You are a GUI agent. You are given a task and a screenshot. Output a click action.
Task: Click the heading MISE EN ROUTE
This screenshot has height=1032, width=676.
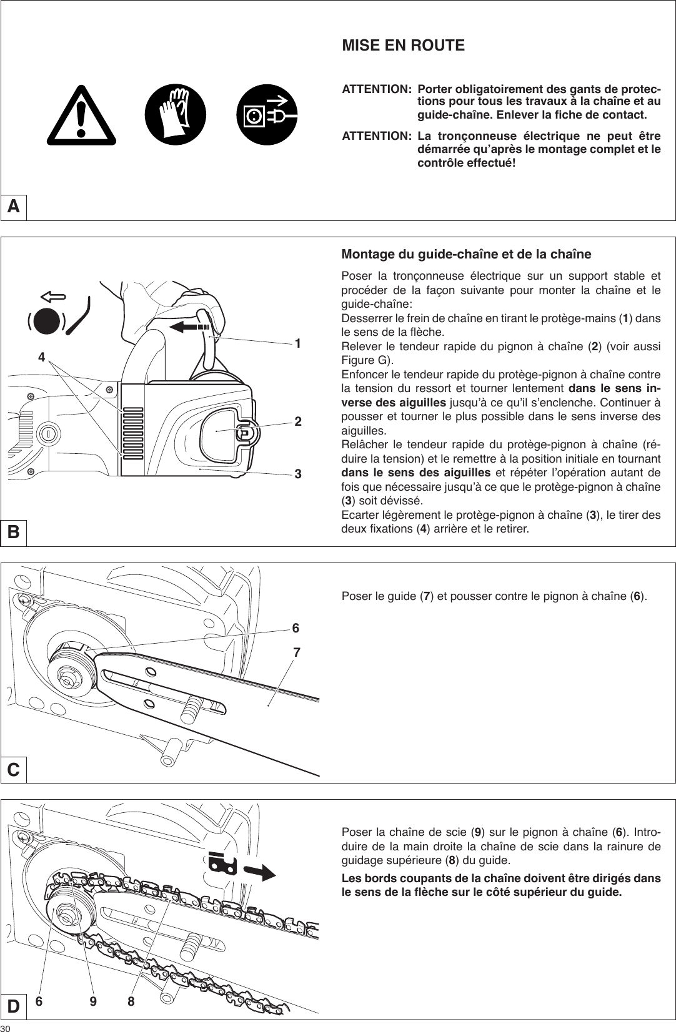[x=403, y=46]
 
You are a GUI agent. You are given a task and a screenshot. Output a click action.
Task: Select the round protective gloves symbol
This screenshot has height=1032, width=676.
[x=176, y=115]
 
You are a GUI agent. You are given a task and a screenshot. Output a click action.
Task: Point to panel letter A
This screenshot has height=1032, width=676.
[x=14, y=206]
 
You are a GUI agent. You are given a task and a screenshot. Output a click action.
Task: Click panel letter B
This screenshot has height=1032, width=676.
[x=14, y=532]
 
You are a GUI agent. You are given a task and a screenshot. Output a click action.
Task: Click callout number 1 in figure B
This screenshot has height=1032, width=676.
[x=299, y=344]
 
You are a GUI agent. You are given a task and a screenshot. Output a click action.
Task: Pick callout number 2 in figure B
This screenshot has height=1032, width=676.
[x=299, y=421]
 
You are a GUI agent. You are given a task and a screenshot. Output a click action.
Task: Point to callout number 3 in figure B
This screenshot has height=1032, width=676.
[x=299, y=474]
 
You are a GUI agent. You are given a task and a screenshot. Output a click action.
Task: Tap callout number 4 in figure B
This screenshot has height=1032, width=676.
[x=41, y=357]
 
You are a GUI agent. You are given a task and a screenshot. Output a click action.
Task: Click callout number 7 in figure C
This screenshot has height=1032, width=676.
[x=296, y=653]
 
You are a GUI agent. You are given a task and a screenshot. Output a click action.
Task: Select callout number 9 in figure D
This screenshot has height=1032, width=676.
[x=93, y=1001]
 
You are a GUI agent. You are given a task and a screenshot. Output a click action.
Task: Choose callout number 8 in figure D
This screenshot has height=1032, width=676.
[x=131, y=1001]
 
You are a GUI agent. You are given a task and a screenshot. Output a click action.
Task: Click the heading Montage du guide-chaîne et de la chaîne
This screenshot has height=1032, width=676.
[x=466, y=255]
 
